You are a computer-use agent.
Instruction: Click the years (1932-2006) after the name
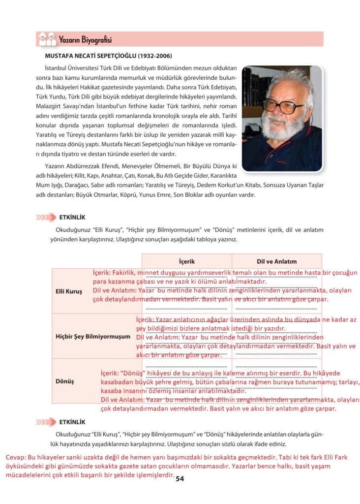(157, 57)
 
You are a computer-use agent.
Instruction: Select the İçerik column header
(187, 261)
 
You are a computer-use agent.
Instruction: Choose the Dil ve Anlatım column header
(277, 261)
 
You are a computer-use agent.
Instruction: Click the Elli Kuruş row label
(68, 291)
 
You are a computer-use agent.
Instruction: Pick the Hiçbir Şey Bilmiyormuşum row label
(93, 337)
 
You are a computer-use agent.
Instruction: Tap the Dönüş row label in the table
(64, 381)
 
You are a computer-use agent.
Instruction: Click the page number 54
(180, 478)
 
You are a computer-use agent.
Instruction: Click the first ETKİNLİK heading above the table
(72, 217)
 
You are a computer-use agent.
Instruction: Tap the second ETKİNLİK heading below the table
(72, 422)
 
